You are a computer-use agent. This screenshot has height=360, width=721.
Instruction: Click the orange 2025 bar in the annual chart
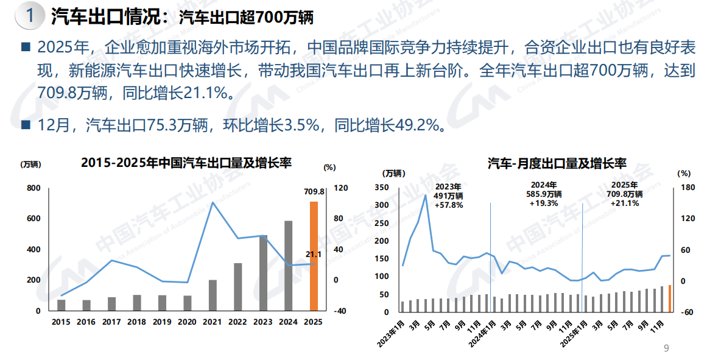click(x=314, y=256)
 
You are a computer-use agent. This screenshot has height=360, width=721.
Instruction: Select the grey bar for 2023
click(x=263, y=273)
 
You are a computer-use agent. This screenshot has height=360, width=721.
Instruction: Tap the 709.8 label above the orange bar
click(x=314, y=192)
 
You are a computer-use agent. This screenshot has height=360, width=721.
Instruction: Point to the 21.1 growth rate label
click(x=313, y=254)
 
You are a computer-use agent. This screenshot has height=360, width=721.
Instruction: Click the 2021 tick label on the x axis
click(x=213, y=322)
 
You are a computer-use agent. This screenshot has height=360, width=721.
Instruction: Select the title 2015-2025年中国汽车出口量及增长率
click(x=186, y=163)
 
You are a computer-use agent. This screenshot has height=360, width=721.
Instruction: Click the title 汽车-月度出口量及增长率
click(x=557, y=163)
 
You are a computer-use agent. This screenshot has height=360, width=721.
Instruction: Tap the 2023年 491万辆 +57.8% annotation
click(x=449, y=196)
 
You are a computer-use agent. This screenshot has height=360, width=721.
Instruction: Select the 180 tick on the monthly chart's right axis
click(x=686, y=188)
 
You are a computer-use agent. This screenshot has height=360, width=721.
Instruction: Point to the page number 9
click(x=666, y=348)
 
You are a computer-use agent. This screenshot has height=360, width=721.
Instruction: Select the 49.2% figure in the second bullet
click(x=419, y=126)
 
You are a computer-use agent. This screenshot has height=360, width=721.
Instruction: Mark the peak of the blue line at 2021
click(x=213, y=202)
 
